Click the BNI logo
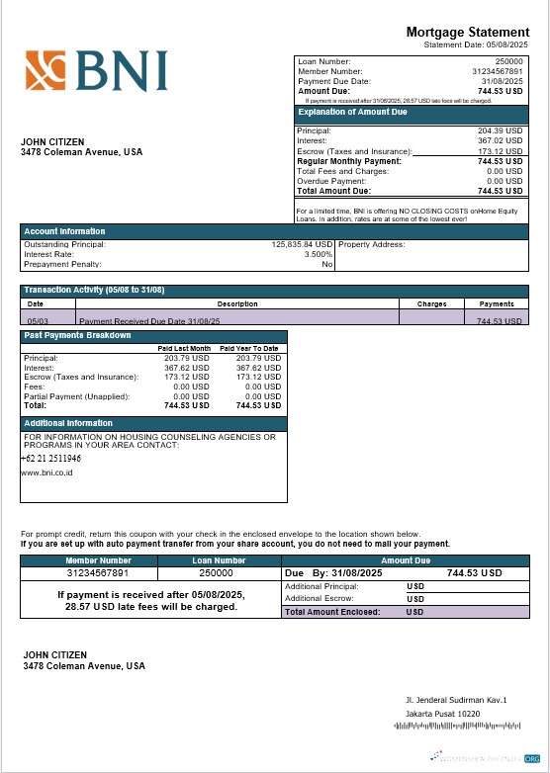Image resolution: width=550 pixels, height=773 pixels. coord(96,71)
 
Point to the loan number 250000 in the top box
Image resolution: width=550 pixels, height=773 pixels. coord(508,62)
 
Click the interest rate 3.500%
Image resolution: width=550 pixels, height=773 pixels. coord(315,254)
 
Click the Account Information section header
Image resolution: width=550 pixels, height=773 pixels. coord(64,231)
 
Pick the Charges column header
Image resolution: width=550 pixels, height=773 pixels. coord(431,304)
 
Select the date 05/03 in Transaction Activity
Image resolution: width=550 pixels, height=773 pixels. coord(38,321)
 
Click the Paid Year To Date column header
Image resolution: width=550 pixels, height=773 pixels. coord(249,348)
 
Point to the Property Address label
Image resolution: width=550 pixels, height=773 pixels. coord(372,244)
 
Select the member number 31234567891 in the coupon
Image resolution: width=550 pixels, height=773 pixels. coord(97,573)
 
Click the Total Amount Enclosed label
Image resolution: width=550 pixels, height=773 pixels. coord(332,613)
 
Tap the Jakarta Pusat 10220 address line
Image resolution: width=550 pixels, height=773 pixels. coord(442,714)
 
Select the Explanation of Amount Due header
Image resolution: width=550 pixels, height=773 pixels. coord(352,112)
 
